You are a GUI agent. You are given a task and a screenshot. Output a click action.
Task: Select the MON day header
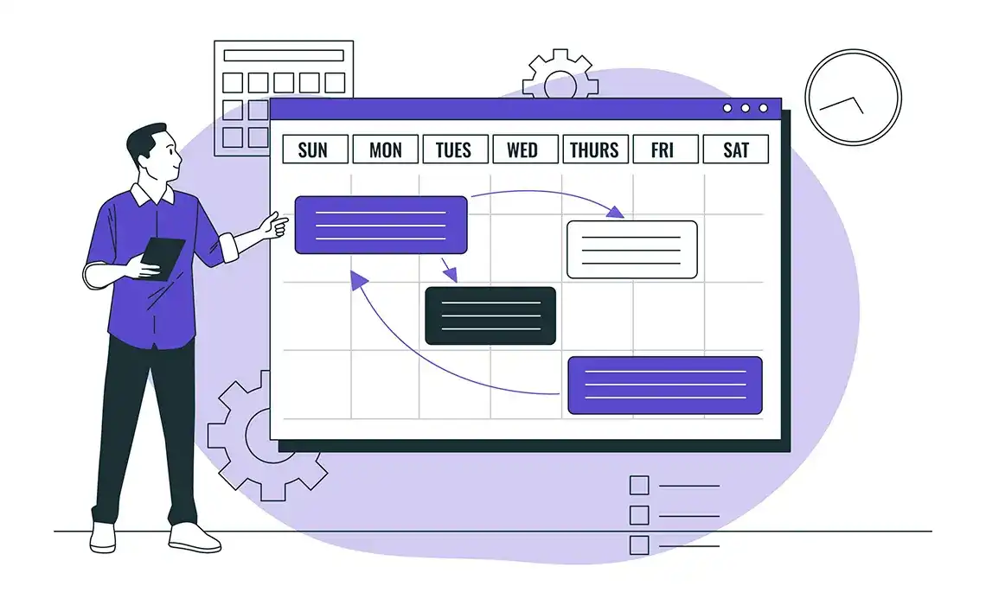[x=385, y=150]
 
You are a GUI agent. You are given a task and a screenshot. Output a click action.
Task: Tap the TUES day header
[x=454, y=150]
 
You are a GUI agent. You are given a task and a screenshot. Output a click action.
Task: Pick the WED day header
[x=522, y=150]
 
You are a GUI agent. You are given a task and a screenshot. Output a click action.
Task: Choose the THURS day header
[x=594, y=150]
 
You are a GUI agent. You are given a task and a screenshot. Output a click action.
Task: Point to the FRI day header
[x=664, y=150]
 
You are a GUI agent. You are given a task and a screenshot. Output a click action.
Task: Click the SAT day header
[x=735, y=150]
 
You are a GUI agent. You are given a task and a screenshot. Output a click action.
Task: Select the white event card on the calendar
[x=631, y=250]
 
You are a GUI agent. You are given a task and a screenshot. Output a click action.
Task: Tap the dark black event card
[x=490, y=315]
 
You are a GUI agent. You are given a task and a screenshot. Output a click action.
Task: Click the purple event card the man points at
[x=381, y=225]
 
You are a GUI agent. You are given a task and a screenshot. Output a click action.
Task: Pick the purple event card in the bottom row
[x=664, y=385]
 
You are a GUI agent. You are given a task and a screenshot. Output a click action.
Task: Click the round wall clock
[x=853, y=97]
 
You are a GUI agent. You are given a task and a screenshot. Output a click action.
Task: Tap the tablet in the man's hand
[x=162, y=258]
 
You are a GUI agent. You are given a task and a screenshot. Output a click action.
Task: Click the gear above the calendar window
[x=560, y=74]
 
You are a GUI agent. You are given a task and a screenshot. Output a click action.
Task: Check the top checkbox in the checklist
[x=639, y=486]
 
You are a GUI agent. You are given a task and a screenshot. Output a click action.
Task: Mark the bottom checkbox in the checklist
[x=639, y=545]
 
